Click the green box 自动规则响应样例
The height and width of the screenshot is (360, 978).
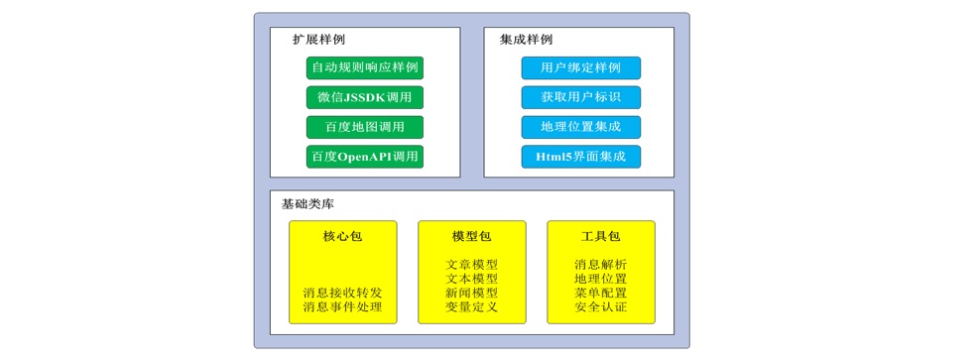364,67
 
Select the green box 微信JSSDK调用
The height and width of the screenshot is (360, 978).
364,97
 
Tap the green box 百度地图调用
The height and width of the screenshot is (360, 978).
364,127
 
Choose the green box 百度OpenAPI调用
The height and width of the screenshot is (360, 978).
364,157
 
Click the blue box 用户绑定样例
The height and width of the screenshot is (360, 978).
580,67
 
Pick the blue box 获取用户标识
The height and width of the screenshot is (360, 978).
580,97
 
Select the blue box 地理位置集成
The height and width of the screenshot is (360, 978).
580,127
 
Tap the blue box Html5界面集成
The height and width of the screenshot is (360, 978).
580,157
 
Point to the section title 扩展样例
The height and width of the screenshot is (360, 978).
318,40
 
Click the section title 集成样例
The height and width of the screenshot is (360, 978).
526,40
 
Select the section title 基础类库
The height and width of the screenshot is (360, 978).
307,203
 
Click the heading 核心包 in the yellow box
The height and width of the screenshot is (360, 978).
342,236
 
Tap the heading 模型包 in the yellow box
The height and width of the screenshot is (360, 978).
471,236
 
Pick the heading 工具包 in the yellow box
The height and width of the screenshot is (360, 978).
600,236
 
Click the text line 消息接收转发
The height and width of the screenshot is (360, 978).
342,293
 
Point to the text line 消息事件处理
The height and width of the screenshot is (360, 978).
342,307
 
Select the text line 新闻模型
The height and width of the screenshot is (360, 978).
471,293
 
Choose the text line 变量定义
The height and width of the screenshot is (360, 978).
471,307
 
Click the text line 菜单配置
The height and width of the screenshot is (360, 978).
600,293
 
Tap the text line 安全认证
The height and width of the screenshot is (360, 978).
600,307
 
